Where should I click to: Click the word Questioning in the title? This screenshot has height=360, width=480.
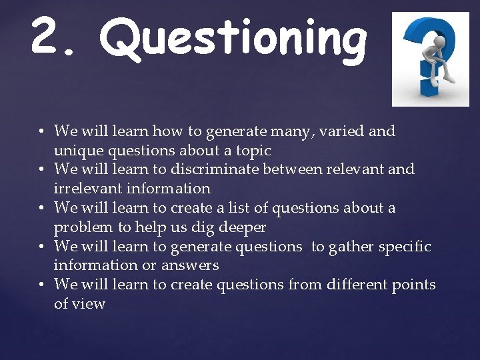(x=233, y=39)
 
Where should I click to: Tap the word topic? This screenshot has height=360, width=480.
(x=252, y=151)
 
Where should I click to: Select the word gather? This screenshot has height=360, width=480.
(x=351, y=247)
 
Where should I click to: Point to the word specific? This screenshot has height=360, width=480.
(x=405, y=247)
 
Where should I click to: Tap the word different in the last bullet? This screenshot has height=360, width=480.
(x=359, y=285)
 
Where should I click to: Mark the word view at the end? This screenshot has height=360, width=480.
(x=89, y=304)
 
